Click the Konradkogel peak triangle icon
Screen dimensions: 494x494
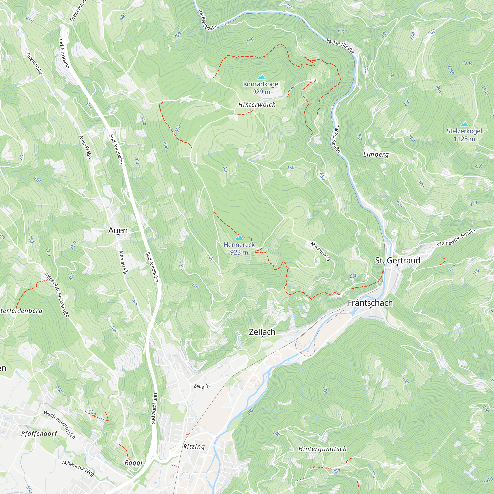[261, 77]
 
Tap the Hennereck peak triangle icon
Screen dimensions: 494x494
[239, 238]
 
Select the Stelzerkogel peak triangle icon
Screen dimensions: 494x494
[464, 124]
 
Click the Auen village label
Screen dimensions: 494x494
[118, 230]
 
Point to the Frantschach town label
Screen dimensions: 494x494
[370, 303]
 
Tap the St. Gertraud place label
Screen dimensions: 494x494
[398, 260]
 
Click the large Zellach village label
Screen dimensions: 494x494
[262, 332]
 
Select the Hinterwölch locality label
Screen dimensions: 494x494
[257, 105]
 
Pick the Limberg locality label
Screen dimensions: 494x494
[376, 154]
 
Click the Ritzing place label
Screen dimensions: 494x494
[194, 447]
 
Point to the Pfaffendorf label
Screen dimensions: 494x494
[39, 434]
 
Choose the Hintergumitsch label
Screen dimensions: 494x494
[322, 449]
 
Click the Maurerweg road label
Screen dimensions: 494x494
[321, 251]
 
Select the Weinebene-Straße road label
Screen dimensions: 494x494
[456, 238]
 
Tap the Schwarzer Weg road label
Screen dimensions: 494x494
[78, 468]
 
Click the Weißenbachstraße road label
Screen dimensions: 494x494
[60, 424]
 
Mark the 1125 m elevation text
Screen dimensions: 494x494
[464, 139]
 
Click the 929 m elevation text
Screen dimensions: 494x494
[261, 92]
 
